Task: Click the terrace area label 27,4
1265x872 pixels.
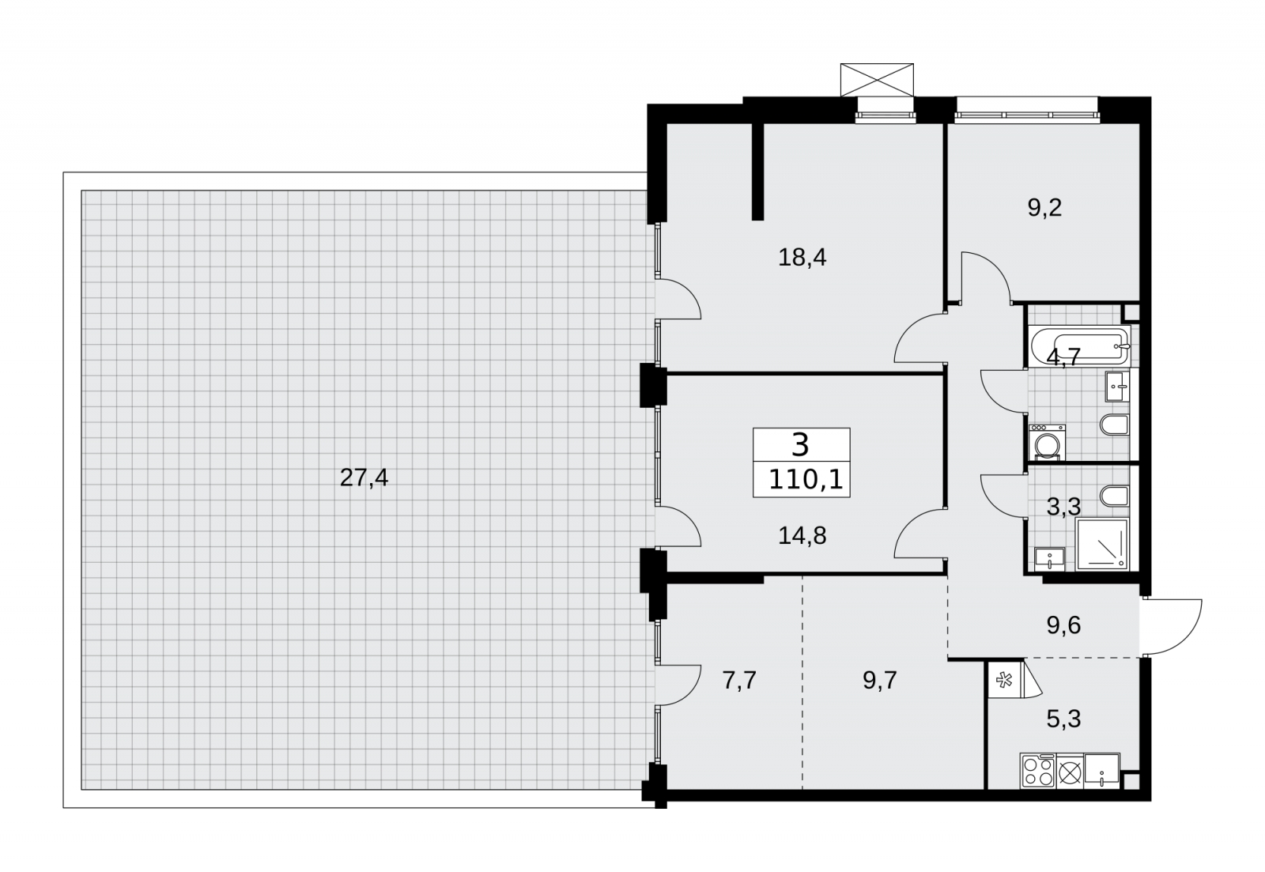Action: click(364, 478)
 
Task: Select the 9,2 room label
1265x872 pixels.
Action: click(1044, 208)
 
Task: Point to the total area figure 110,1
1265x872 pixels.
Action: click(806, 480)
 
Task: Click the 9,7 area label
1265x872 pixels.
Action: click(880, 681)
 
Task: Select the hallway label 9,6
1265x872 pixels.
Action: click(1063, 625)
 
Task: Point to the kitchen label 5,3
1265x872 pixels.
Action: click(1063, 719)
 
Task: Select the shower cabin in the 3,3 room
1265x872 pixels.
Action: click(1102, 545)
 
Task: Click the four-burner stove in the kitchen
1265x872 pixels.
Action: click(1038, 770)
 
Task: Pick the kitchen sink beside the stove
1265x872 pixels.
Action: click(1101, 770)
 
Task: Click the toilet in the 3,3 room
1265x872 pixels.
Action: click(1114, 496)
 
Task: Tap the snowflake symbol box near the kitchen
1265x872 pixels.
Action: click(1005, 681)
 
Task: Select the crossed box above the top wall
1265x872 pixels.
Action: click(877, 80)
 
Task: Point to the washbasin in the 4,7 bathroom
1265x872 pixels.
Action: click(1117, 387)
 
